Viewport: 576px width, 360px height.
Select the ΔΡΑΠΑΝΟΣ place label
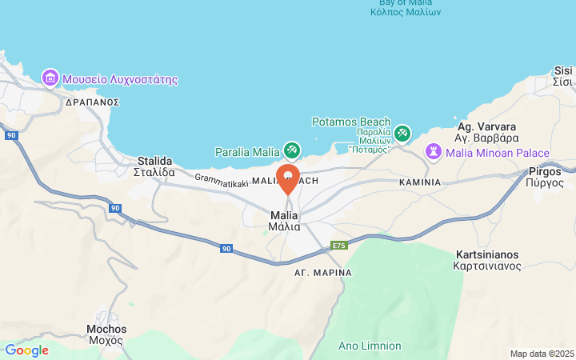[91, 102]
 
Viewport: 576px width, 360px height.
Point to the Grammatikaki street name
[221, 182]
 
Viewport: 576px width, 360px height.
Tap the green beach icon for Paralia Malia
[292, 150]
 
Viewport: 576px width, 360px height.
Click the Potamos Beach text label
[350, 122]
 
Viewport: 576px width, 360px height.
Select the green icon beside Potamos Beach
[402, 133]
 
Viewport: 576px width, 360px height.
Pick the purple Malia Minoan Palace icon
[434, 151]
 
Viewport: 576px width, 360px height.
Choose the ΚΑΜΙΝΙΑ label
[419, 182]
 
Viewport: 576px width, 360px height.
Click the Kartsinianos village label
[487, 259]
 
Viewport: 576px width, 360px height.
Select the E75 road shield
[339, 245]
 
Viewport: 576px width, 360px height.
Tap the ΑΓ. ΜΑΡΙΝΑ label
[322, 273]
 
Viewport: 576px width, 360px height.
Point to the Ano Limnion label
[370, 346]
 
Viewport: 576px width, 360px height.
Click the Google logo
[26, 350]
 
